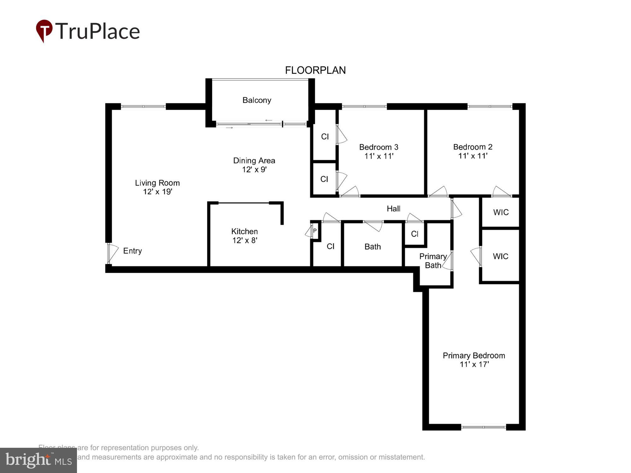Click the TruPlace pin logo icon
[44, 31]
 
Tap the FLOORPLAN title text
[315, 70]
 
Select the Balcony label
[257, 100]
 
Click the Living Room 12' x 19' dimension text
[157, 192]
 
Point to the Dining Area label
[254, 161]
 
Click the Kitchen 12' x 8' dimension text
[245, 241]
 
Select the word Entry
[132, 251]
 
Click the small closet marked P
[315, 231]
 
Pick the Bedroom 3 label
[379, 147]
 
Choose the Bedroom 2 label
[473, 147]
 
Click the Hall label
[393, 209]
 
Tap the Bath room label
[372, 247]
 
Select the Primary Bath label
[433, 261]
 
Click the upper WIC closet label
[501, 213]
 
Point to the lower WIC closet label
[500, 256]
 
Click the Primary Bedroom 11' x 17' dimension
[474, 365]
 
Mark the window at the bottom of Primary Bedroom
[483, 427]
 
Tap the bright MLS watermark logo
[38, 460]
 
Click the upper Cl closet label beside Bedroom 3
[325, 137]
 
